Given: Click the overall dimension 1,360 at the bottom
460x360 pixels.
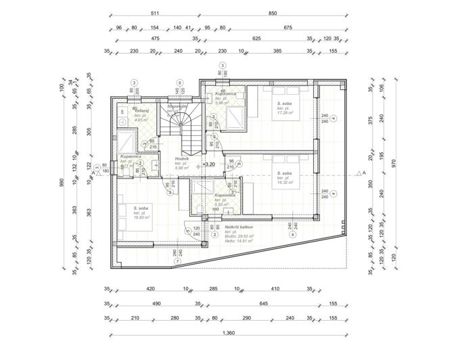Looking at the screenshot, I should [229, 333].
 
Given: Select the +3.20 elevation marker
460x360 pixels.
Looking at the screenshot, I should [208, 164].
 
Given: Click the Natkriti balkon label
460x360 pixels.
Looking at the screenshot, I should [241, 227].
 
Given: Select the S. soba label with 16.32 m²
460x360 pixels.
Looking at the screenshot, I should [284, 174].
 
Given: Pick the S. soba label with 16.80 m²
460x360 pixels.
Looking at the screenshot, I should [141, 208].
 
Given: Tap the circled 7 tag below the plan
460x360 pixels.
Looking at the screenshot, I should [177, 261].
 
